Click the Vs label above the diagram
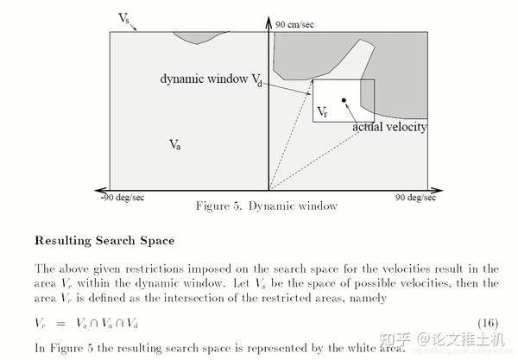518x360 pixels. (x=124, y=18)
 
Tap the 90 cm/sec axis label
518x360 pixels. (x=294, y=24)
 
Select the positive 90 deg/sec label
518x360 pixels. (x=412, y=197)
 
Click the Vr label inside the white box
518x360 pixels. (x=322, y=111)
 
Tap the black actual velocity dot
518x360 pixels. (x=344, y=101)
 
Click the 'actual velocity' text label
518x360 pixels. (x=389, y=127)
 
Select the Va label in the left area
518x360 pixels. (x=174, y=143)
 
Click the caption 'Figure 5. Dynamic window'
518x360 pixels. (x=266, y=206)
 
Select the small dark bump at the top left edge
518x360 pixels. (x=197, y=37)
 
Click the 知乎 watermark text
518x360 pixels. (x=382, y=337)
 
